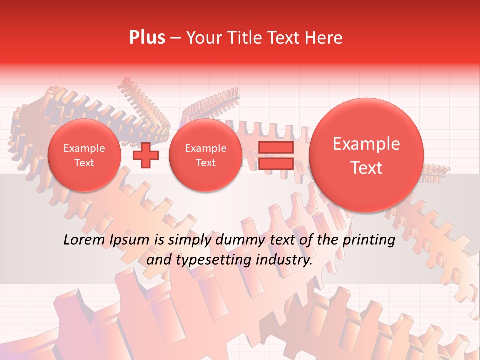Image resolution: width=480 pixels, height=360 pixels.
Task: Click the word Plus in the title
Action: tap(147, 38)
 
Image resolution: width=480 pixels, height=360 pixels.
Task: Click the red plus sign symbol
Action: tap(146, 155)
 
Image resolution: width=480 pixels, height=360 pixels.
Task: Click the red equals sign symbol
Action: tap(276, 155)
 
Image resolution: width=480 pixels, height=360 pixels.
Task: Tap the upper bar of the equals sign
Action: tap(276, 147)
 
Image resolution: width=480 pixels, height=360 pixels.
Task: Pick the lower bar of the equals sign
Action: tap(276, 163)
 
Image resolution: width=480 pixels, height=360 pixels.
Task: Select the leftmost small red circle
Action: tap(84, 155)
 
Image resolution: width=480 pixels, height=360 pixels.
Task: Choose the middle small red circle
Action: tap(205, 155)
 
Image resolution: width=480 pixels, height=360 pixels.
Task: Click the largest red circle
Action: tap(366, 155)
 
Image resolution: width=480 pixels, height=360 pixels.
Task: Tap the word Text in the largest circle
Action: tap(366, 168)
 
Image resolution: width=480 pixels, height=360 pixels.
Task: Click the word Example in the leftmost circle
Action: tap(84, 148)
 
